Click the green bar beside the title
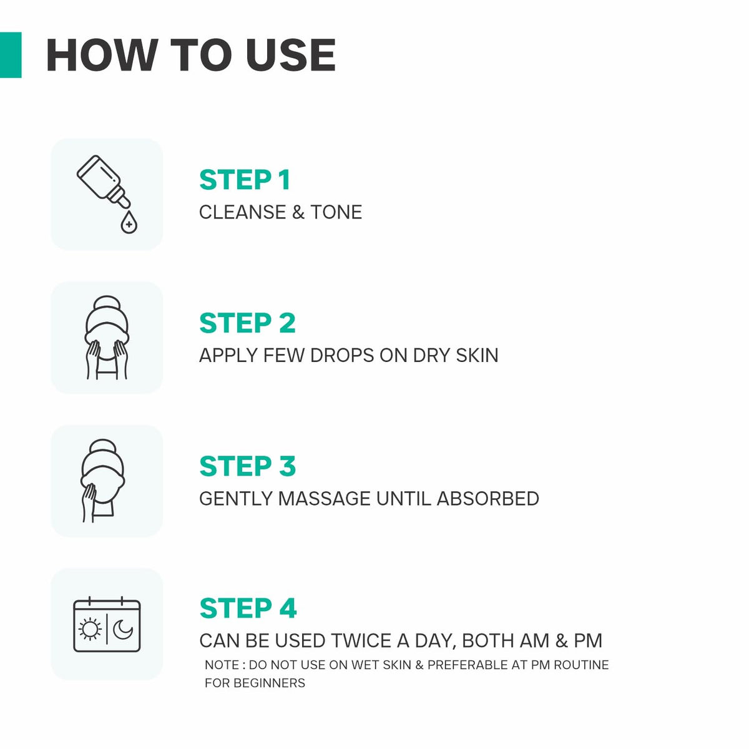point(11,55)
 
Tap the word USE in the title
point(290,55)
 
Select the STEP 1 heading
point(245,180)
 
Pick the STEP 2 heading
point(247,323)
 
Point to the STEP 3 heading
point(247,466)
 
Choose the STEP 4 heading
point(248,609)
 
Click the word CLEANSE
point(243,212)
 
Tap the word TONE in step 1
point(336,212)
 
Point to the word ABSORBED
point(488,498)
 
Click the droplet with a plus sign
point(129,223)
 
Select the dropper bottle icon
point(104,181)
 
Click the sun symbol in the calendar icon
point(90,629)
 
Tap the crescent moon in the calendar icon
point(123,629)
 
